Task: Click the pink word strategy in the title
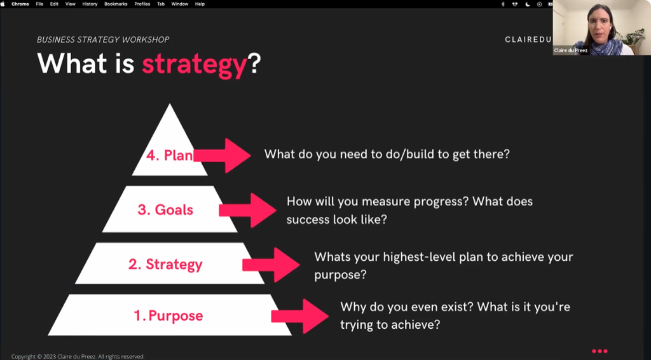195,65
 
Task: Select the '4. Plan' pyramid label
169,155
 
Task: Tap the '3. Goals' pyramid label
165,210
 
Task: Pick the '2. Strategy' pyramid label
165,265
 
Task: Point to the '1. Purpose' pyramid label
168,315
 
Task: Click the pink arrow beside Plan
222,155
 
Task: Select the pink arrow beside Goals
247,210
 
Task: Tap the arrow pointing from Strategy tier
271,265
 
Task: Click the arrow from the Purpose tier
300,316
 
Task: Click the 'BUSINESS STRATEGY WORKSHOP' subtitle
103,40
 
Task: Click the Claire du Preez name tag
570,50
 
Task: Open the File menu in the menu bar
39,4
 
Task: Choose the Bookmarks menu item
116,4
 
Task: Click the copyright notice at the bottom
78,356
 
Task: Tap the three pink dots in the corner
600,351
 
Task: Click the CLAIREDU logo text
528,39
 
